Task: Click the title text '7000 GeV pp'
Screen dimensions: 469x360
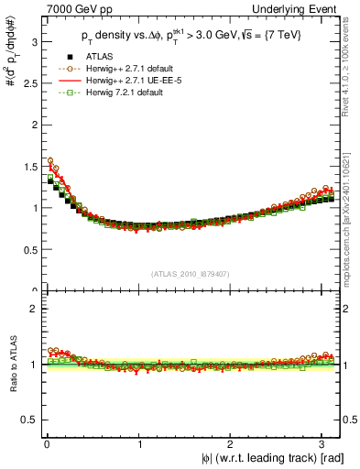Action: [66, 8]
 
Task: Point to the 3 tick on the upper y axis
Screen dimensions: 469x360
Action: [32, 41]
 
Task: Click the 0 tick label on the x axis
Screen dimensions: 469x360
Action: [47, 443]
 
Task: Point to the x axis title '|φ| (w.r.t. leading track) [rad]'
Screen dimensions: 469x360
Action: [261, 458]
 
